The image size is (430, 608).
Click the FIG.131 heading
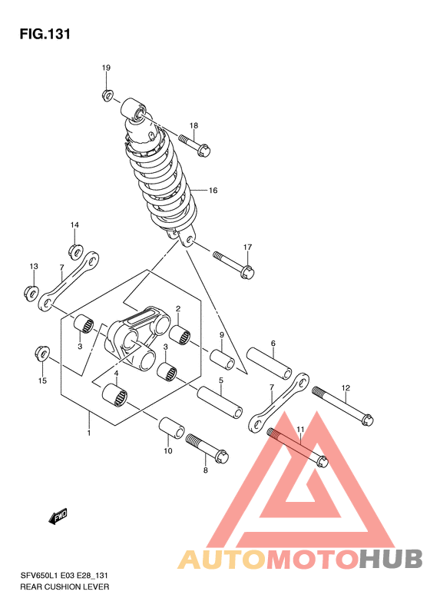45,34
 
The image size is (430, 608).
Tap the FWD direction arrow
58,516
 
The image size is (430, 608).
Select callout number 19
106,68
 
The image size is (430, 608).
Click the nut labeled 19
107,95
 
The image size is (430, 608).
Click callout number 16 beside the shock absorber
213,191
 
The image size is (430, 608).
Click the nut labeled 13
31,292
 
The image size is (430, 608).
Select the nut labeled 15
41,353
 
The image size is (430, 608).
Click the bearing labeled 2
180,335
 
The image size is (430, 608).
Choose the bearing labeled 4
114,395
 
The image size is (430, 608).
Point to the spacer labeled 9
223,360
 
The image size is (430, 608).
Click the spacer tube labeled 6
270,363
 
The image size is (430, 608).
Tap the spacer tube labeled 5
220,403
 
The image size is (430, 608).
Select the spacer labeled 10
171,428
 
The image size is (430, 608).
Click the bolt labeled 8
207,448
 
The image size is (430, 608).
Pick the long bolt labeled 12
342,406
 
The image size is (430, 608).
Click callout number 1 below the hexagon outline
89,433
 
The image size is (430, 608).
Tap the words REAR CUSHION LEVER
64,586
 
